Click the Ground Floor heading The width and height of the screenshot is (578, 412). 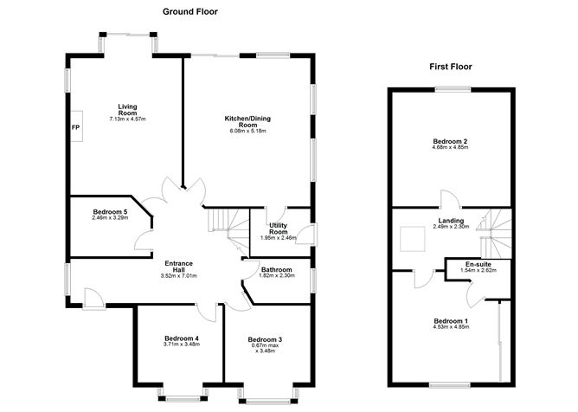point(190,12)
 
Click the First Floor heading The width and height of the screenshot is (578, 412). point(451,67)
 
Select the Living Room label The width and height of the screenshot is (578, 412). point(127,110)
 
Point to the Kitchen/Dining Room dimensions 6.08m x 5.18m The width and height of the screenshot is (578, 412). point(247,131)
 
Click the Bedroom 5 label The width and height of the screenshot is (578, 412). point(110,212)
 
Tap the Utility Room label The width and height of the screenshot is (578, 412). point(279,229)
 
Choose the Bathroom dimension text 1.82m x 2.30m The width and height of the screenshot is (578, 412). point(277,275)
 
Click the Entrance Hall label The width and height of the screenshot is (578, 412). point(179,267)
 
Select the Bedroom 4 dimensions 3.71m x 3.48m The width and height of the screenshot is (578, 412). point(182,344)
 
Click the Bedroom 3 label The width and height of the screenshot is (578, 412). point(265,339)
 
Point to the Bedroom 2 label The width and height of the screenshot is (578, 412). point(450,141)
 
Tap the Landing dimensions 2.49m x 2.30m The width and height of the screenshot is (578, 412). point(451,227)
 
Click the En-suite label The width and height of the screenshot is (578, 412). point(478,265)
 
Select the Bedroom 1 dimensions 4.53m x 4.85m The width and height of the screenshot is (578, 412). point(451,327)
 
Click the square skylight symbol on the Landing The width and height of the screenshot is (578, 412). point(413,240)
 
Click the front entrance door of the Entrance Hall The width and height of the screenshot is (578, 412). point(93,299)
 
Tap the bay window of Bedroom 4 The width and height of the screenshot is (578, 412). point(183,394)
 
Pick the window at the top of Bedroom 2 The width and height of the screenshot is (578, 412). point(453,89)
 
